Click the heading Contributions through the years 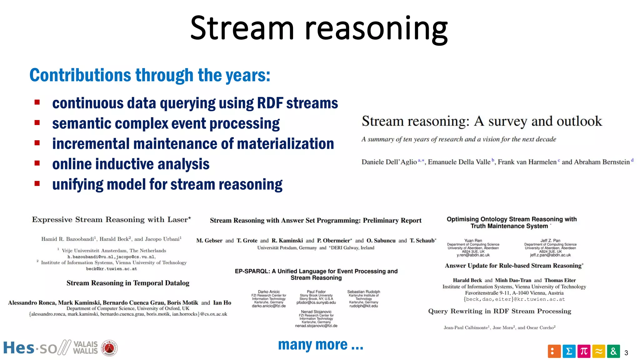coord(150,75)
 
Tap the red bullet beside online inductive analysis coord(37,163)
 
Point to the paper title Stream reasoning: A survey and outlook coord(482,121)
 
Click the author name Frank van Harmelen coord(527,162)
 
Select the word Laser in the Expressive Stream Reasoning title coord(177,220)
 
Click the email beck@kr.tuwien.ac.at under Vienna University coord(111,269)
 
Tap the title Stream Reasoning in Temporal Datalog coord(128,283)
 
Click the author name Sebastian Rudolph coord(363,292)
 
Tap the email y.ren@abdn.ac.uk coord(473,255)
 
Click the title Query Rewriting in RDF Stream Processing coord(499,311)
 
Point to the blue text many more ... coord(320,345)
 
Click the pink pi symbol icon coord(584,352)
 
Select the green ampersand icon coord(613,352)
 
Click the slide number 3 coord(626,353)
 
